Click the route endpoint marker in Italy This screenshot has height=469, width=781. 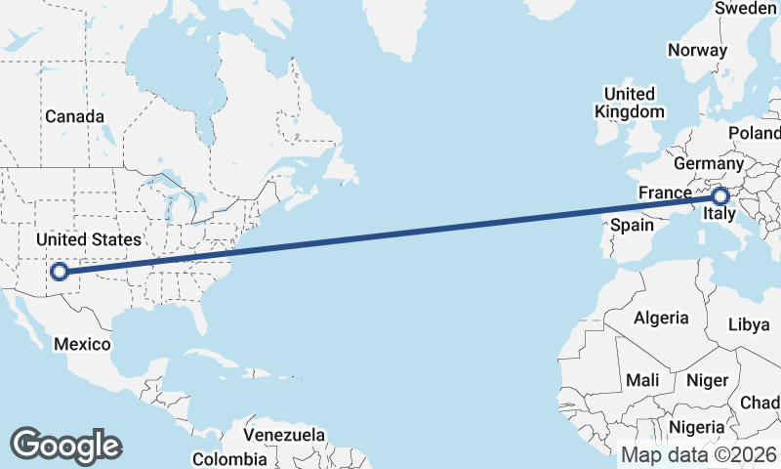pyautogui.click(x=720, y=197)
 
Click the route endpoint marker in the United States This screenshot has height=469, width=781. pyautogui.click(x=61, y=272)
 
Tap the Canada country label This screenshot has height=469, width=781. pyautogui.click(x=74, y=116)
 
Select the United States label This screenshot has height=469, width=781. pyautogui.click(x=88, y=239)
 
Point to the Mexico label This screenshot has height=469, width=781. pyautogui.click(x=82, y=344)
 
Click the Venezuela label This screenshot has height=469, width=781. pyautogui.click(x=284, y=434)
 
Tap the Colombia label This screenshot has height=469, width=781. pyautogui.click(x=228, y=458)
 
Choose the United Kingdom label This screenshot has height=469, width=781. pyautogui.click(x=630, y=103)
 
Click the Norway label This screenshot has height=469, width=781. pyautogui.click(x=697, y=50)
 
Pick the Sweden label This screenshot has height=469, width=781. pyautogui.click(x=746, y=8)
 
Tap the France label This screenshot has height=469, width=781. pyautogui.click(x=665, y=192)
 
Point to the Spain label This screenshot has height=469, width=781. pyautogui.click(x=632, y=226)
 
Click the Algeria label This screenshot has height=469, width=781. pyautogui.click(x=661, y=318)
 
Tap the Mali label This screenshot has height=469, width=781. pyautogui.click(x=643, y=379)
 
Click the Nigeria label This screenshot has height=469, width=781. pyautogui.click(x=697, y=427)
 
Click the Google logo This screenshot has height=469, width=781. pyautogui.click(x=65, y=446)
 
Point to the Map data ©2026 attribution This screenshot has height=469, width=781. pyautogui.click(x=699, y=454)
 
